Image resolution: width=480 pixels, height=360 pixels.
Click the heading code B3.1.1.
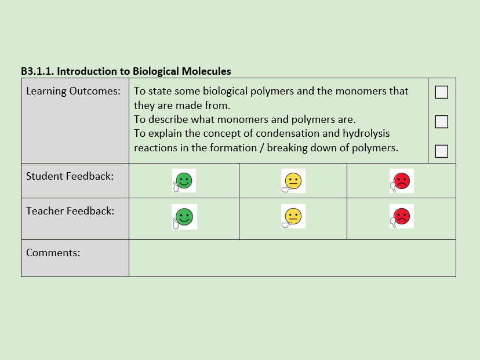(x=37, y=71)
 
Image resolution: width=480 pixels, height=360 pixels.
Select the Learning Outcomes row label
(x=73, y=91)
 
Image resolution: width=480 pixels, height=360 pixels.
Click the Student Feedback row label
(x=70, y=176)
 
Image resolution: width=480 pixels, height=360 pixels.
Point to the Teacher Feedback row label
(x=70, y=211)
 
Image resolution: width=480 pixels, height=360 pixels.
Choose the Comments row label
(x=53, y=253)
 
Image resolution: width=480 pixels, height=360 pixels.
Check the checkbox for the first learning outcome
(x=442, y=92)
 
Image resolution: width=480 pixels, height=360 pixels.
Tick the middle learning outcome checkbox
(x=442, y=122)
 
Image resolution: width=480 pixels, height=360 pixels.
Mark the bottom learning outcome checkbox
(x=442, y=151)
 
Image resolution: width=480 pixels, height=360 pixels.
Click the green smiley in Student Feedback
(x=184, y=181)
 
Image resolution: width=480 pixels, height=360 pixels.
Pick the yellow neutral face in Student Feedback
(x=293, y=181)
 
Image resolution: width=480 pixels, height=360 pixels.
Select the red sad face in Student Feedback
(x=401, y=181)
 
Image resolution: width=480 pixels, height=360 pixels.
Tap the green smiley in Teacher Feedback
(x=184, y=217)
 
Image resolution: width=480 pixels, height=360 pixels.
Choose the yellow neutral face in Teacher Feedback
(x=293, y=217)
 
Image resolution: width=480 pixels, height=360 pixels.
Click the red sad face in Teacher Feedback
(x=401, y=217)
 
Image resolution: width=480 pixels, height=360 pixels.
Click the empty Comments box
(x=292, y=259)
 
